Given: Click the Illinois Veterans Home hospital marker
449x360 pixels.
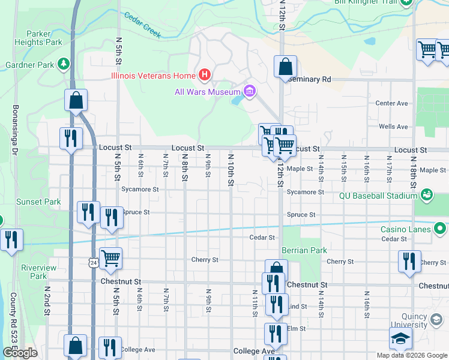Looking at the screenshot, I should pos(205,76).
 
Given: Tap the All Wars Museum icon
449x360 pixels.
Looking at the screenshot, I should pos(250,92).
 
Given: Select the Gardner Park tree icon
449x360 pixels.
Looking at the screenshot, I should pos(64,64).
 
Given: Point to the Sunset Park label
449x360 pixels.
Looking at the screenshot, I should pos(38,202).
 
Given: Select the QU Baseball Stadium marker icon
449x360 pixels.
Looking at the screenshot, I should pos(427,195).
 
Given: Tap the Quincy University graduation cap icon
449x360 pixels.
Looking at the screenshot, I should pos(400,339).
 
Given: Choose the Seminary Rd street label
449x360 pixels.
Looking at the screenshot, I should pos(310,79).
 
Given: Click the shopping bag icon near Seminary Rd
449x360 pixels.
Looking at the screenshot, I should pos(286,67).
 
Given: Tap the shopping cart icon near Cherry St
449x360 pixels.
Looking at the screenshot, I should pos(111,259).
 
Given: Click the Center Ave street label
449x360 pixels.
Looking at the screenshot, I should pos(391,103).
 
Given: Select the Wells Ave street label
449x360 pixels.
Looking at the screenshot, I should pos(393,127).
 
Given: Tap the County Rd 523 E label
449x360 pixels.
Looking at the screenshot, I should pos(13,318).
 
